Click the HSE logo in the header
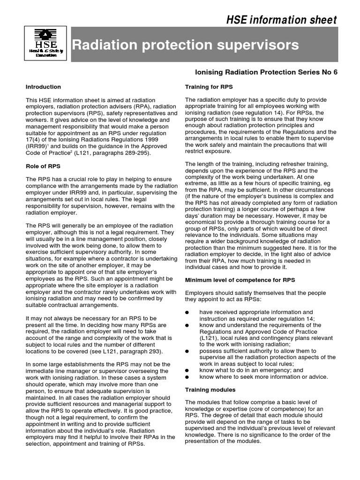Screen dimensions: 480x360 45,44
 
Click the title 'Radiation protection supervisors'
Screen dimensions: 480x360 185,45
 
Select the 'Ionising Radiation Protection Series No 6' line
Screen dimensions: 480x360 265,72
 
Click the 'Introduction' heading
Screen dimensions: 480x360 43,87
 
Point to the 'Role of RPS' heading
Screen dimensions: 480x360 44,166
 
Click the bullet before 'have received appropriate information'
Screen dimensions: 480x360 187,313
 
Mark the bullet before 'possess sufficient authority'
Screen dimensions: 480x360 187,351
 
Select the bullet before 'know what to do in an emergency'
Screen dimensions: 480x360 187,370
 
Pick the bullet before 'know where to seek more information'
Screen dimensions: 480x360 187,377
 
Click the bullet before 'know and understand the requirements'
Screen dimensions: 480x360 187,325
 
